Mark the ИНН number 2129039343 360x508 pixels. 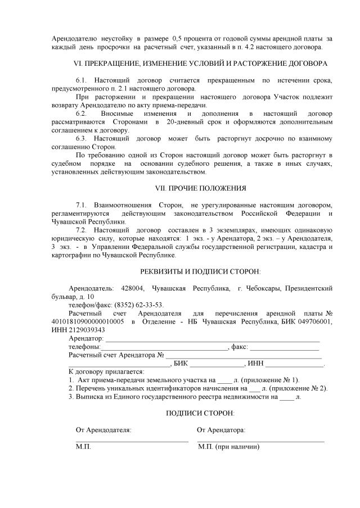85,329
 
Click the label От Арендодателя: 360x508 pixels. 103,430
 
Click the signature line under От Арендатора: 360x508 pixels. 261,442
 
